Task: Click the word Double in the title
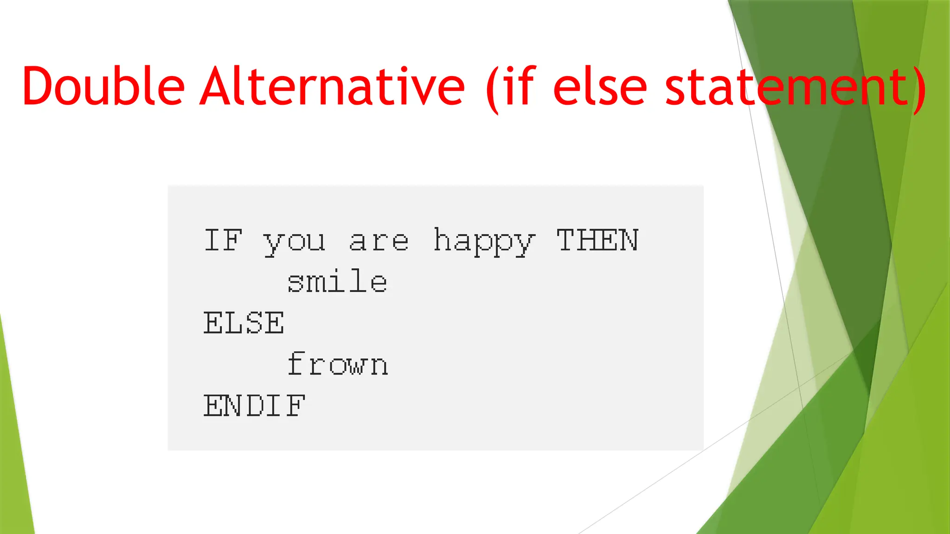pos(103,86)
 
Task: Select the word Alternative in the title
pos(332,86)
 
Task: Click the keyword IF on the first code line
pos(223,240)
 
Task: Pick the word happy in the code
pos(484,242)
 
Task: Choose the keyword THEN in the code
pos(597,240)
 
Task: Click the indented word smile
pos(337,281)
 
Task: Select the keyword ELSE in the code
pos(244,323)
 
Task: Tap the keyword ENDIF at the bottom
pos(254,406)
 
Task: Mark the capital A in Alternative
pos(217,86)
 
